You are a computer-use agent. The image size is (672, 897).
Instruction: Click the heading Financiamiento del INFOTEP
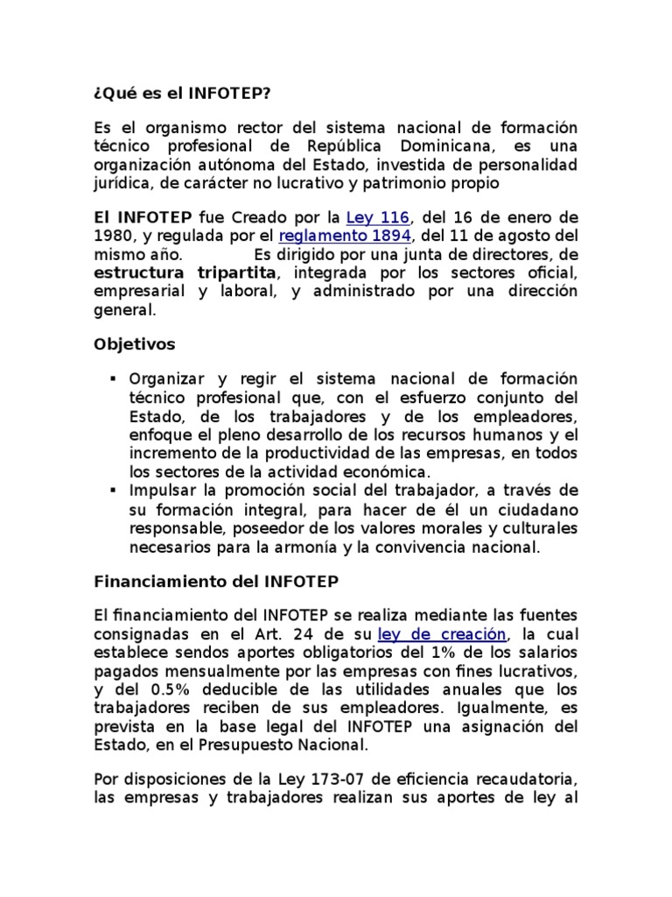pos(215,581)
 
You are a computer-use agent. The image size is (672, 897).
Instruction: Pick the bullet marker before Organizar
pos(114,379)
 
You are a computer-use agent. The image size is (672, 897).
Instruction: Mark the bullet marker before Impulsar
pos(114,489)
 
